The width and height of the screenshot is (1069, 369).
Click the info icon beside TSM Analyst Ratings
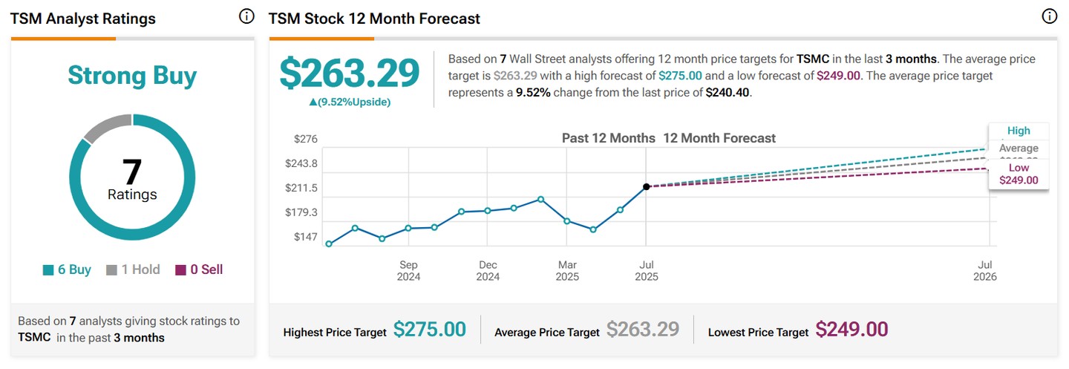coord(246,17)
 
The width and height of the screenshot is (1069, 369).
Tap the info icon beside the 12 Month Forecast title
coord(1049,17)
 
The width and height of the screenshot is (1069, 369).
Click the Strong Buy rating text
coord(132,76)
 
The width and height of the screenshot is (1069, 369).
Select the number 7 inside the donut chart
coord(132,172)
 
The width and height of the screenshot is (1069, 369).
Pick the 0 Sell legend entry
coord(199,270)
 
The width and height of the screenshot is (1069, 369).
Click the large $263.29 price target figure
coord(349,74)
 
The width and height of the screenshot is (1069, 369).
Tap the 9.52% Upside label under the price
coord(349,102)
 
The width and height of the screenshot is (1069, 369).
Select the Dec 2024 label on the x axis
coord(488,270)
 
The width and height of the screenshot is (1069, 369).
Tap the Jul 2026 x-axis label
coord(985,270)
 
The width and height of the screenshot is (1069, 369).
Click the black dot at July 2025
coord(646,186)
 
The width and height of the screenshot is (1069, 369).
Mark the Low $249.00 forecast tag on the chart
coord(1019,174)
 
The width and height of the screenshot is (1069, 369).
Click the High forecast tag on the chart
coord(1019,131)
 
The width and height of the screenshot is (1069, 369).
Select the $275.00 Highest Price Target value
coord(429,330)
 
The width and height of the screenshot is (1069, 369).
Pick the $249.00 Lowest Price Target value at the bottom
coord(851,330)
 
